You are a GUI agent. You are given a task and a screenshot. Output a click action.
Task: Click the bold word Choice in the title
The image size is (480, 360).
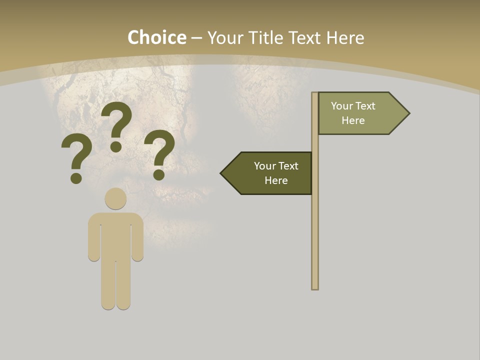pos(156,37)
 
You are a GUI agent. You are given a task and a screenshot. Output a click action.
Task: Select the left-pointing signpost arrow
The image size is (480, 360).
pos(268,173)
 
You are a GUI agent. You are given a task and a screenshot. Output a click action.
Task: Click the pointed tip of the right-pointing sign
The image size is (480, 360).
pos(408,113)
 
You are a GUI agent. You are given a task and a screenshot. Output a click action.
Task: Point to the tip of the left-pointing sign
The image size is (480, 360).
pos(222,173)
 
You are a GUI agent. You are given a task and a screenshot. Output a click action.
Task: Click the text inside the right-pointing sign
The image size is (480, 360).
pos(353,113)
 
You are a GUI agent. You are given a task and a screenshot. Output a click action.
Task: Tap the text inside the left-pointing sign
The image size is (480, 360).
pos(276,173)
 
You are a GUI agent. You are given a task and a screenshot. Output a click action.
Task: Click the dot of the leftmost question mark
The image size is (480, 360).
pos(76,178)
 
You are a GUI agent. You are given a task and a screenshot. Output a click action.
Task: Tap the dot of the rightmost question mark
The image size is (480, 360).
pos(159,174)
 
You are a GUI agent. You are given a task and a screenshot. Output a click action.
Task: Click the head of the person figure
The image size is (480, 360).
pos(115,198)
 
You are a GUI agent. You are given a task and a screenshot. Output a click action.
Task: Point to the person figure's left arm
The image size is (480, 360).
pos(94,240)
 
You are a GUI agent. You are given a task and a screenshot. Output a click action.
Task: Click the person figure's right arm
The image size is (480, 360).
pos(137,240)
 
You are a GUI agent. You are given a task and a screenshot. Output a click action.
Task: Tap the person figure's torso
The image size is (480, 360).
pos(115,235)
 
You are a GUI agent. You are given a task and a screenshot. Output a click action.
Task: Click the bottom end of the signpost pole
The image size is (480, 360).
pos(315,287)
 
